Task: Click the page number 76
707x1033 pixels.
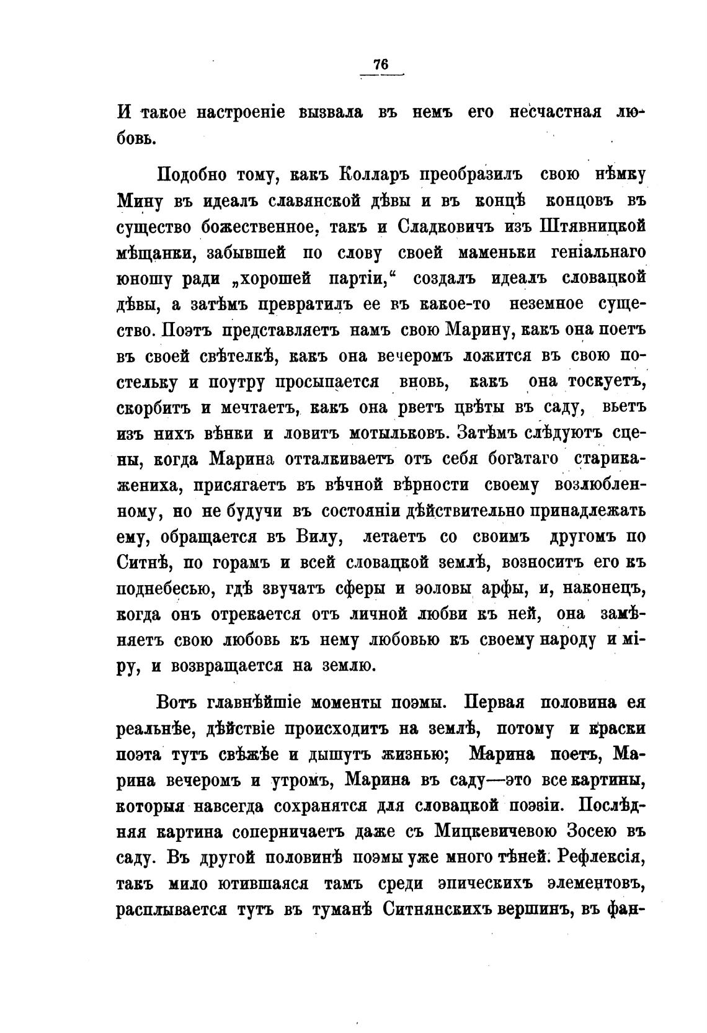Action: tap(380, 65)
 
